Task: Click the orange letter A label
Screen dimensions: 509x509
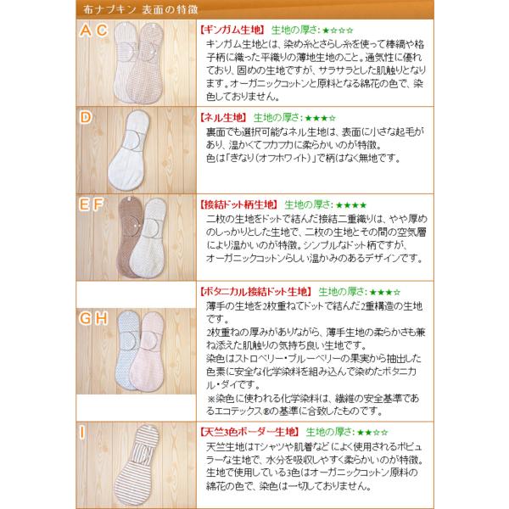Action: [86, 31]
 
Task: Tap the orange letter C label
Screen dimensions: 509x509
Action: [102, 31]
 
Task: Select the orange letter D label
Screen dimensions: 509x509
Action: [86, 117]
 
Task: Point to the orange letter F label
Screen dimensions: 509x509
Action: [98, 204]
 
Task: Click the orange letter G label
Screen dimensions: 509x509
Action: [86, 318]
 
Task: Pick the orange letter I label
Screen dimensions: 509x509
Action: [82, 433]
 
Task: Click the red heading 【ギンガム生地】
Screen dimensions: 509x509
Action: [232, 31]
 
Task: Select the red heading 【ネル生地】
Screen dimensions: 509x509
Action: [223, 118]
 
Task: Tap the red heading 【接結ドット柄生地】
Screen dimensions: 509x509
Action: [238, 204]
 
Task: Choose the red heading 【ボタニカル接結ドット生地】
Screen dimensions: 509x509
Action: [255, 292]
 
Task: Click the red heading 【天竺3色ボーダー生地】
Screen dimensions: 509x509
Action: [249, 432]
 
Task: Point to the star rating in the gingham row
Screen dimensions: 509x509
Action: [338, 31]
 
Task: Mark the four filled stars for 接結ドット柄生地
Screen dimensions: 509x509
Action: [351, 205]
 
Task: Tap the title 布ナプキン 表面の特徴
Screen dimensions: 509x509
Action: [141, 9]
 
